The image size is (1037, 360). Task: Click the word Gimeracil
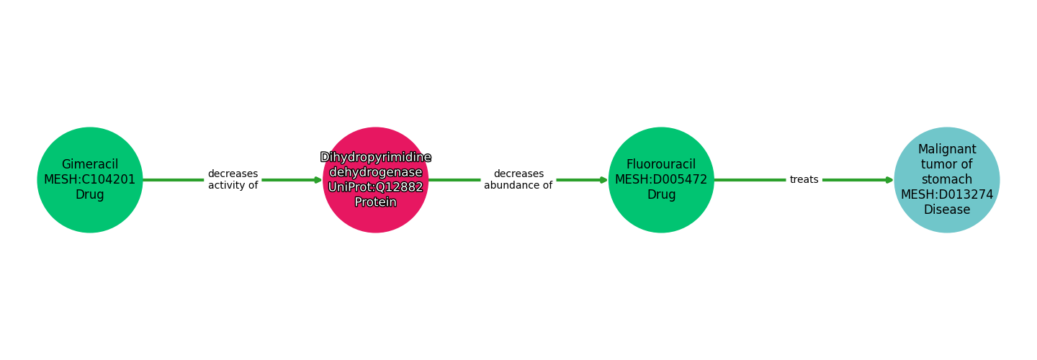click(x=90, y=165)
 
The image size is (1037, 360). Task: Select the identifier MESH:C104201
click(x=90, y=180)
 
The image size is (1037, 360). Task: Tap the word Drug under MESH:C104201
click(x=90, y=195)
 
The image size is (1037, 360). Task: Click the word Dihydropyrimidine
click(x=375, y=158)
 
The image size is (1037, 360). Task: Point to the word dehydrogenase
click(x=375, y=173)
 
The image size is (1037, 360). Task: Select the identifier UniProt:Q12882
click(x=375, y=187)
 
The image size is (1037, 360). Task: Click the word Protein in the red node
click(x=375, y=202)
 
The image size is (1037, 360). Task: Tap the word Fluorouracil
click(x=661, y=165)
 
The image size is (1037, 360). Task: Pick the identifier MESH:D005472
click(x=661, y=180)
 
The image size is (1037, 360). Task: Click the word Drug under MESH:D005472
click(x=661, y=195)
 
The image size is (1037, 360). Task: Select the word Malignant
click(x=947, y=150)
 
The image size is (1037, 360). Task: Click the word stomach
click(x=947, y=180)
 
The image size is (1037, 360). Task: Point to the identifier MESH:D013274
click(x=947, y=194)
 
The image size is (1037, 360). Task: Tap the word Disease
click(x=947, y=210)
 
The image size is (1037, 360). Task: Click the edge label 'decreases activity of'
click(x=233, y=180)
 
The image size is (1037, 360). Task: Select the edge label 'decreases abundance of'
click(x=518, y=180)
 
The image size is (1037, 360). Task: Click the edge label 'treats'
click(x=804, y=180)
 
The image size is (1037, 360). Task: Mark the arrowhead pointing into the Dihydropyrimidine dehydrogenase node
click(x=318, y=180)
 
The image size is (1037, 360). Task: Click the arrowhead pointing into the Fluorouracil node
click(x=603, y=180)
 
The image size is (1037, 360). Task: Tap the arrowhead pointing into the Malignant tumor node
click(x=889, y=180)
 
